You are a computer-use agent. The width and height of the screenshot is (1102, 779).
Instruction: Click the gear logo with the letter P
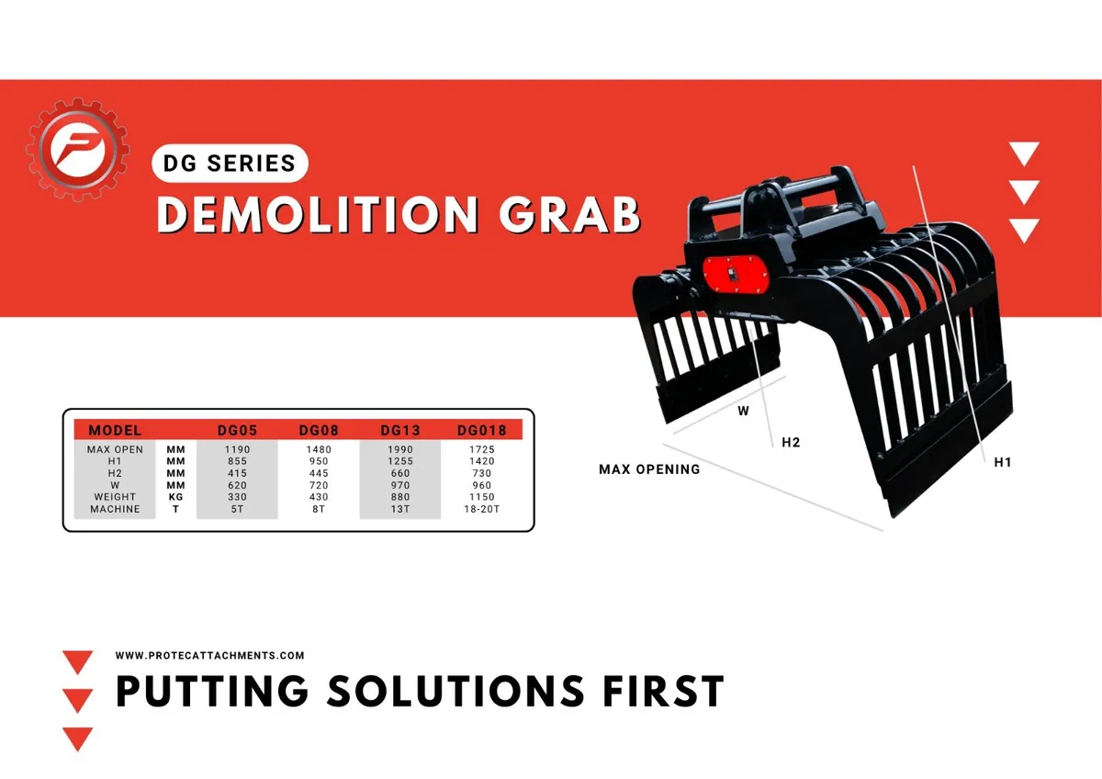click(78, 149)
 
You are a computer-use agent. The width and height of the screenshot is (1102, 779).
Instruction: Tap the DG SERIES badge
click(230, 163)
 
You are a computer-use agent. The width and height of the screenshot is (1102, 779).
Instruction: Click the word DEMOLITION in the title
click(318, 215)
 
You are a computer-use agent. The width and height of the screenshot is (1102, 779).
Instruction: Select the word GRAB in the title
click(569, 215)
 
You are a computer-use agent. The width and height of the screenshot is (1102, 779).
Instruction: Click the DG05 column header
click(237, 431)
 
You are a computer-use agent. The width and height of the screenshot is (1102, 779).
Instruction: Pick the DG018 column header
click(481, 431)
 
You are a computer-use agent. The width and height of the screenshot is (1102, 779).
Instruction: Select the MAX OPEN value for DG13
click(400, 449)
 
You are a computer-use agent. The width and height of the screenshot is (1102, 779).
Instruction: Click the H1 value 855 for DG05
click(237, 461)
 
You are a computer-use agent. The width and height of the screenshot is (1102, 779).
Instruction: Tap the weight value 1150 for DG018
click(481, 497)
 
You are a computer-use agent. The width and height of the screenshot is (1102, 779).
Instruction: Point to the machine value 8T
click(319, 509)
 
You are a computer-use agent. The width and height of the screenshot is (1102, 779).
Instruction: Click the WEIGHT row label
click(115, 497)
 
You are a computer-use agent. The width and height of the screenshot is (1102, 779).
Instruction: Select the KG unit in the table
click(175, 497)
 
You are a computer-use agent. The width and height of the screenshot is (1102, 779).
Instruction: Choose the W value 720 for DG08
click(319, 485)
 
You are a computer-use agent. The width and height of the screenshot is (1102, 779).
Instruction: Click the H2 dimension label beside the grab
click(791, 443)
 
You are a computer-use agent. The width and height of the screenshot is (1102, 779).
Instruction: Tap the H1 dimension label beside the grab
click(1003, 462)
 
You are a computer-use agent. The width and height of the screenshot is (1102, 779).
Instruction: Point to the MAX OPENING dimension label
click(649, 469)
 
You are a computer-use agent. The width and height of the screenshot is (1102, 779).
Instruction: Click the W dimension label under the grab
click(743, 411)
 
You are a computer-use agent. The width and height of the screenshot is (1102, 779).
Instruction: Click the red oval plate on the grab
click(736, 276)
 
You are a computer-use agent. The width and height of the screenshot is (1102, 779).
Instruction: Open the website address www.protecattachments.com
click(209, 656)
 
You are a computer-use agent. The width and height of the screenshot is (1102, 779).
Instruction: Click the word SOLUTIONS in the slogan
click(455, 691)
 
